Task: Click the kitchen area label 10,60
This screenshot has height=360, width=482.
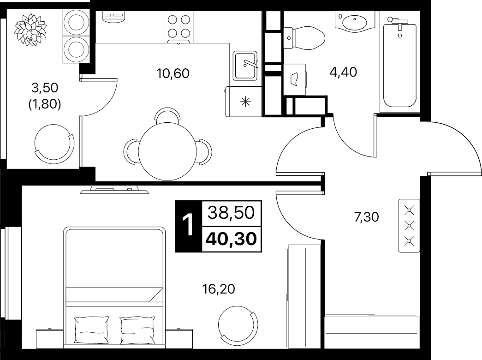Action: pos(173,73)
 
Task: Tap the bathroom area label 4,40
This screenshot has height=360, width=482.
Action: pos(343,72)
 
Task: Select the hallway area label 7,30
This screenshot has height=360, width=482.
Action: pos(366,217)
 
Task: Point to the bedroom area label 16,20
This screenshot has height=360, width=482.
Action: pos(218,289)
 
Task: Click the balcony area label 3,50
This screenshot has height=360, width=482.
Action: pos(45,88)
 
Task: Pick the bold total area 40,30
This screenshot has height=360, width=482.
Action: pos(232,239)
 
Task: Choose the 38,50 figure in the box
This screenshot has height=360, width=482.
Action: pos(231,212)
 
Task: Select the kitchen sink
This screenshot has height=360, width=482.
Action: pos(245,66)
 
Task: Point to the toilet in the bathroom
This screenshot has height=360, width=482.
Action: pos(304,38)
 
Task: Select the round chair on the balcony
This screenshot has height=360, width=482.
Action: pos(54,144)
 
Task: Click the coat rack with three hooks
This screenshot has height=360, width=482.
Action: pos(409,226)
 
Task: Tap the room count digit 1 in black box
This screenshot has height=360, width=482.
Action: pos(188,226)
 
